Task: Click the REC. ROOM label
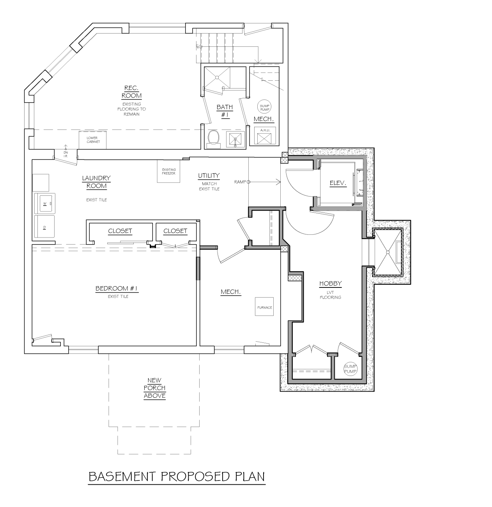click(131, 92)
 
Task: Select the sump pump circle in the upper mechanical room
click(265, 107)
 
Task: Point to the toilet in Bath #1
click(213, 138)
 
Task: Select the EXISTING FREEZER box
click(168, 171)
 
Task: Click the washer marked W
click(45, 203)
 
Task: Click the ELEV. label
click(338, 183)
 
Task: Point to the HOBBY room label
click(330, 284)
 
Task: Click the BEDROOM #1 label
click(117, 289)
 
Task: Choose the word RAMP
click(239, 182)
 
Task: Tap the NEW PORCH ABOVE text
click(154, 388)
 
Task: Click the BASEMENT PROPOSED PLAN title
click(177, 477)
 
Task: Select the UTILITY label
click(209, 175)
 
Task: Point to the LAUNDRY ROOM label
click(96, 182)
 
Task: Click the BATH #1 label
click(225, 111)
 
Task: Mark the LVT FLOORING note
click(330, 295)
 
